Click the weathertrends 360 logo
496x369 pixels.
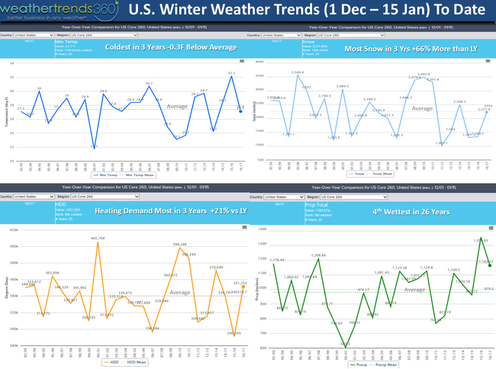tap(57, 11)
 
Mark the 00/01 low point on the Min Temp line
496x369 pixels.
tap(93, 146)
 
